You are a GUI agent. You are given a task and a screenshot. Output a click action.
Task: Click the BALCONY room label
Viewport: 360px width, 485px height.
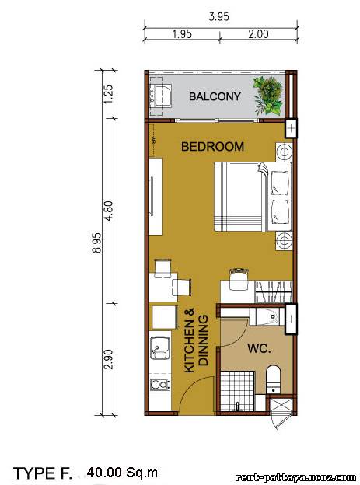215,96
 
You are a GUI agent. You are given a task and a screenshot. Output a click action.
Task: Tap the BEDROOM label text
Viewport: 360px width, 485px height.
212,147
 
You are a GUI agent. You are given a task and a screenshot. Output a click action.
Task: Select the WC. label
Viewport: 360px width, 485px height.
259,348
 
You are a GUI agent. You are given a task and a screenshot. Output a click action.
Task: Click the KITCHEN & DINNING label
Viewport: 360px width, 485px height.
196,340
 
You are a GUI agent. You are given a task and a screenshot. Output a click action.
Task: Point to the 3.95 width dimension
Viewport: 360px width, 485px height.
218,16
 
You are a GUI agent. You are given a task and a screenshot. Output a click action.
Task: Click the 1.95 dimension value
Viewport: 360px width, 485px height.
182,33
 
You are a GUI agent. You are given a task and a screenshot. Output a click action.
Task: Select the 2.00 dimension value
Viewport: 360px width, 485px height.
258,33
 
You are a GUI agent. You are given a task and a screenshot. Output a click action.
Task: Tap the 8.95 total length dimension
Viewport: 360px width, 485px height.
97,243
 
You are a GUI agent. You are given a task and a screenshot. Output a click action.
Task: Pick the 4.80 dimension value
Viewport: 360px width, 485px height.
109,211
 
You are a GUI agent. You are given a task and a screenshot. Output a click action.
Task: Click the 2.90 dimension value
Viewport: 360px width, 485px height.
109,359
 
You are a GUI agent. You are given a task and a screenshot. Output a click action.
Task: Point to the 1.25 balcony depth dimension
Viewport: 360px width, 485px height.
109,94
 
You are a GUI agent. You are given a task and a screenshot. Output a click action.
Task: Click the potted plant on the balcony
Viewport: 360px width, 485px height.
268,96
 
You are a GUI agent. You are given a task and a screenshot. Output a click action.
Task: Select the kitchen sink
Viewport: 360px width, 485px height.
159,348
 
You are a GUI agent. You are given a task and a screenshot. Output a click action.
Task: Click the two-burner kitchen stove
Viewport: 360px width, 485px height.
160,385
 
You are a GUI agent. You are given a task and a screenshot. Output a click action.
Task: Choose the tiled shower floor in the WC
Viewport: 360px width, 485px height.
237,391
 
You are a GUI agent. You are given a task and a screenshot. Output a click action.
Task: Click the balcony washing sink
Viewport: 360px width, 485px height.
161,96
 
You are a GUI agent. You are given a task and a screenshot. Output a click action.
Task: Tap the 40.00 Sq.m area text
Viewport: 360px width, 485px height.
122,473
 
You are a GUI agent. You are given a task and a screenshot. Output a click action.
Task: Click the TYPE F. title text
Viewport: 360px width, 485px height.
43,473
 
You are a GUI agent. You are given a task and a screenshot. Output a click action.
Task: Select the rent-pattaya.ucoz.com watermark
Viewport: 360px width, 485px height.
295,477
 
